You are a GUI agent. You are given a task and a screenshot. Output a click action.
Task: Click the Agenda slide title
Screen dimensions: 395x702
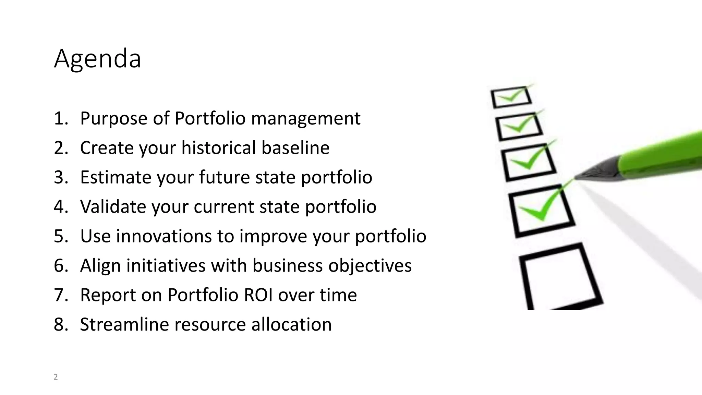pos(97,59)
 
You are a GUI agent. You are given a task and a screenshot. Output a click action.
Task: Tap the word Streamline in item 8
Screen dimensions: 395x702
pos(124,324)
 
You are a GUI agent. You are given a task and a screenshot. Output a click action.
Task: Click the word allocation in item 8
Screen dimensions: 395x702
pos(291,324)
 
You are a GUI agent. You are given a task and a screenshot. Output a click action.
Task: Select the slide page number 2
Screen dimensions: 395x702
pos(56,377)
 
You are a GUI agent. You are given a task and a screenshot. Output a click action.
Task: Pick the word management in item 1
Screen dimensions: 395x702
pos(305,119)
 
